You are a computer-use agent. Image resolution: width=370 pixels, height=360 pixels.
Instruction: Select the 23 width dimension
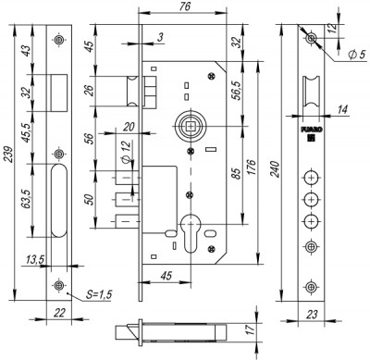[315, 313]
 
